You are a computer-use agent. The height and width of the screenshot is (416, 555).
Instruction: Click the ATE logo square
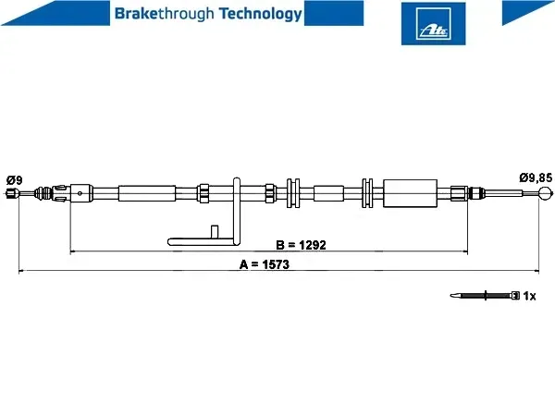433,23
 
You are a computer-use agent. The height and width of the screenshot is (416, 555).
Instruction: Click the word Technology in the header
261,14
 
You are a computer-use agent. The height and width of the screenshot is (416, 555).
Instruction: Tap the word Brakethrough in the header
165,14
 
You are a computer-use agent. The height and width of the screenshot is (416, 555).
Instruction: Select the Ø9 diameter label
14,180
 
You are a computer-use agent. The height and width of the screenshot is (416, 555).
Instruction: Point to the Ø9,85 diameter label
536,177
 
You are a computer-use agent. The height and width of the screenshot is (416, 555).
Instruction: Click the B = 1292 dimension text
301,245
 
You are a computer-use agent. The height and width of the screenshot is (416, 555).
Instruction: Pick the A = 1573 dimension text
265,264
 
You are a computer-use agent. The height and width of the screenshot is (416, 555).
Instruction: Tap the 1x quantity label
529,296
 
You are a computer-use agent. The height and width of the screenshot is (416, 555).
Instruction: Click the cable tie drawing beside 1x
485,296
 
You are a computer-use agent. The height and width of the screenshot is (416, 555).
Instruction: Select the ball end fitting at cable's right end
545,193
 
